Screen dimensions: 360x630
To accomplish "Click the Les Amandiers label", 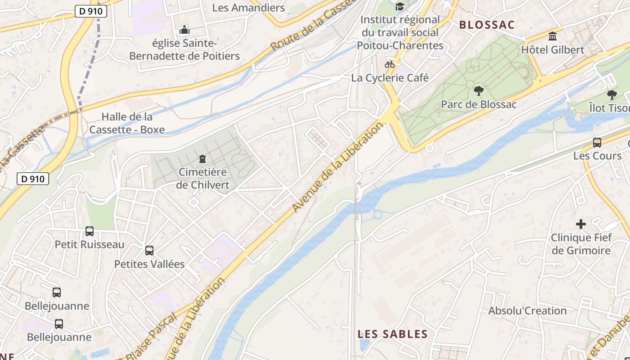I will coord(248,8).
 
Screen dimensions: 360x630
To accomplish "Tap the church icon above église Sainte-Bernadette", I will coord(184,30).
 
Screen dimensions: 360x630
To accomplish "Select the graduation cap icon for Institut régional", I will coord(400,6).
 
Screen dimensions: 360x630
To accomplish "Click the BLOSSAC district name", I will coord(486,25).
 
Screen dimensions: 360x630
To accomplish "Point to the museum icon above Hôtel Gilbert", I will coord(553,36).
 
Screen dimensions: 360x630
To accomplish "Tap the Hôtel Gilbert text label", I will coord(553,49).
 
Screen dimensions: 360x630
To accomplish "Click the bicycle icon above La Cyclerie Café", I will coord(390,64).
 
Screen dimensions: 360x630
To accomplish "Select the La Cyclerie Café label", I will coord(390,78).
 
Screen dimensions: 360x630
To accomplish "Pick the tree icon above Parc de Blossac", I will coord(478,91).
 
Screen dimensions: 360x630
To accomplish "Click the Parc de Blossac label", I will coord(478,104).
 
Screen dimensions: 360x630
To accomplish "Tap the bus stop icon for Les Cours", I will coord(597,143).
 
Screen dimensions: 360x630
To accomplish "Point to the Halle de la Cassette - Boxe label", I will coord(127,123).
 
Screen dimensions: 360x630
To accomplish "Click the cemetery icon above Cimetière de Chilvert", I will coord(202,159).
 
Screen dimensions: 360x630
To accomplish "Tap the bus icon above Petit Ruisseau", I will coord(90,231).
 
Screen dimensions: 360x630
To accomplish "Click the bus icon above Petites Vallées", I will coord(149,251).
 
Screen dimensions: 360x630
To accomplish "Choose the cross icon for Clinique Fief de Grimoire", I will coord(581,224).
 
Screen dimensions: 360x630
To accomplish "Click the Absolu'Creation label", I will coord(527,311).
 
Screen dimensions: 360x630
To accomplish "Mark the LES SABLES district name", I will coord(392,334).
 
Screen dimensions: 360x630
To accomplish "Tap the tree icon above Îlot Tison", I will coord(612,95).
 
